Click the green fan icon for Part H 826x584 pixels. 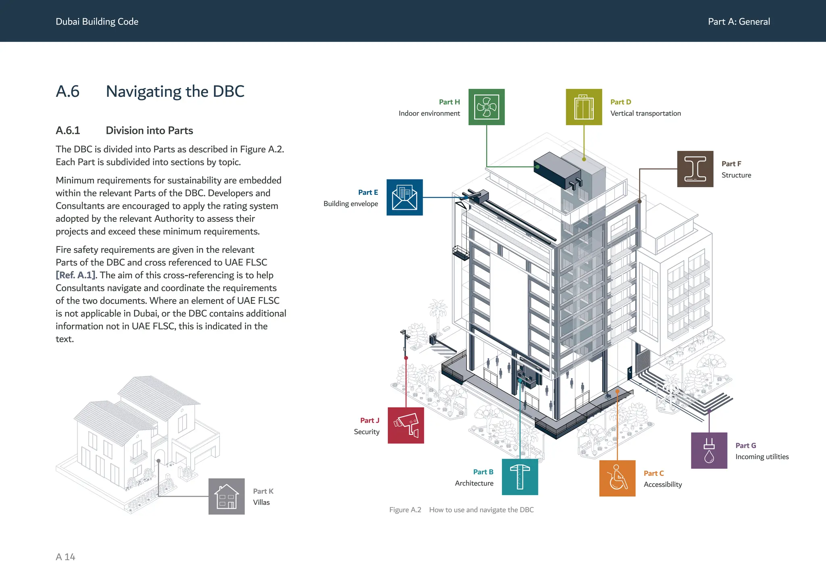click(x=486, y=107)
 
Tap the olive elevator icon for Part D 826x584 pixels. click(x=584, y=107)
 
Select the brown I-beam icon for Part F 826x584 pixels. click(x=695, y=169)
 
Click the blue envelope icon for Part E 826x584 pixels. click(x=405, y=197)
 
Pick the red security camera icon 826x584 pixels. click(x=406, y=425)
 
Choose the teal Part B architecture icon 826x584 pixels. click(x=520, y=477)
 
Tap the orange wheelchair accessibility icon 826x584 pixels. click(x=617, y=478)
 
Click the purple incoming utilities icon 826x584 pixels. click(x=709, y=451)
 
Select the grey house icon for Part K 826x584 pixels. click(x=227, y=496)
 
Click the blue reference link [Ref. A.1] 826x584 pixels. click(x=76, y=275)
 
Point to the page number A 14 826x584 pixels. click(x=65, y=557)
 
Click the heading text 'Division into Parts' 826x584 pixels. click(x=149, y=131)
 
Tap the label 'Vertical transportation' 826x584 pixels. click(x=645, y=113)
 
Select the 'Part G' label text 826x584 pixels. click(x=746, y=446)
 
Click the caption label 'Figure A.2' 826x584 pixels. click(x=405, y=510)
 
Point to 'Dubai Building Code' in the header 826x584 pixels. click(x=97, y=22)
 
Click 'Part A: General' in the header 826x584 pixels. click(x=739, y=22)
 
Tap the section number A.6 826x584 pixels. click(x=68, y=92)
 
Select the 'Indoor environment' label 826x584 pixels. click(x=429, y=113)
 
